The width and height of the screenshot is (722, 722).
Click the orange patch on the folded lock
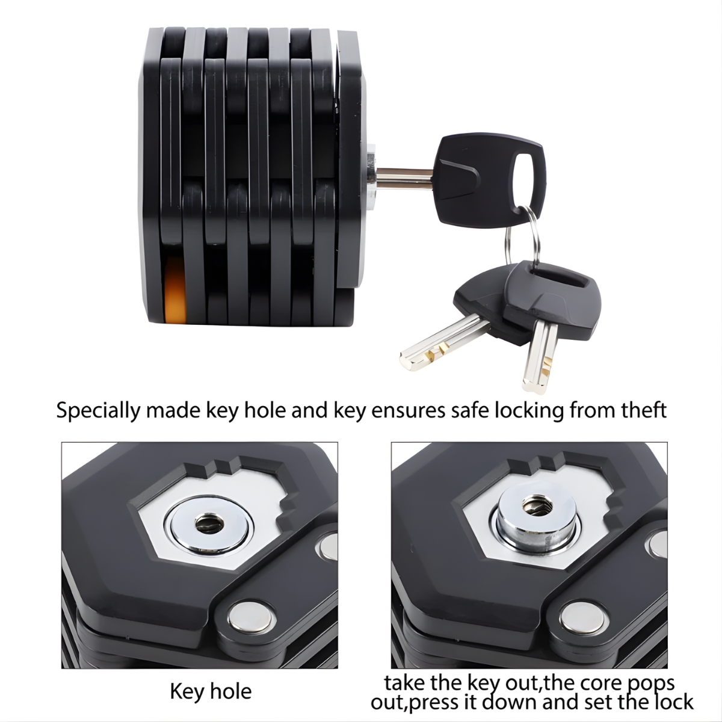[175, 289]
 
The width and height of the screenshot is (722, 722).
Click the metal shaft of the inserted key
[404, 178]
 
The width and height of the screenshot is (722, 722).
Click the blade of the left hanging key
[442, 344]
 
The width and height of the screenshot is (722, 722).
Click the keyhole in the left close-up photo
[209, 523]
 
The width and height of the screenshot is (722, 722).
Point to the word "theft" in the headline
[643, 410]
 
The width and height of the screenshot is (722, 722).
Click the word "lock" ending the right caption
[674, 701]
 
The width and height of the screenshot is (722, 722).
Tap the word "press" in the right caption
[433, 703]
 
